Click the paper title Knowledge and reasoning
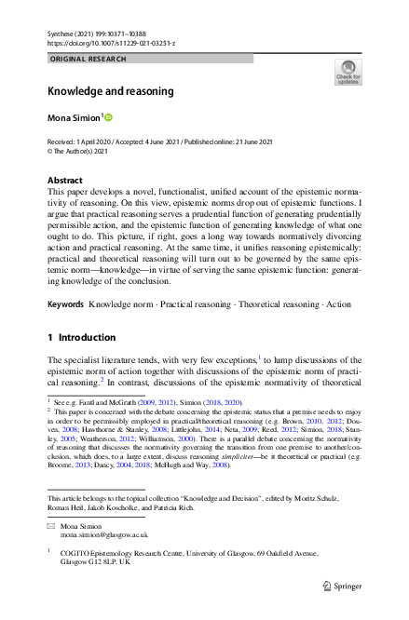tap(111, 91)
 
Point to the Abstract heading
tap(70, 179)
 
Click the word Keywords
tap(66, 279)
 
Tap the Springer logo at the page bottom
tap(342, 586)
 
